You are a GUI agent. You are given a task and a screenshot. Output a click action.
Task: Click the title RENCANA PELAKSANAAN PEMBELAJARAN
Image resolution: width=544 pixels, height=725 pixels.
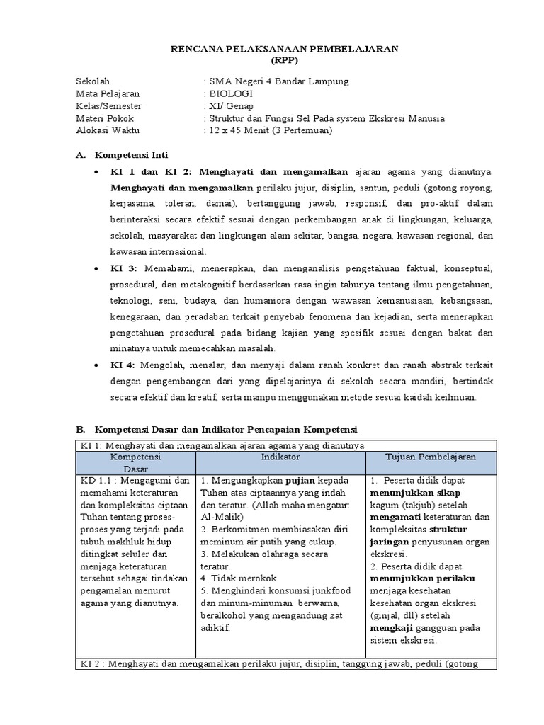coord(286,48)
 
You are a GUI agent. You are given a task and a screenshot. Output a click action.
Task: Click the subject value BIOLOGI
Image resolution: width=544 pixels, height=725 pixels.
coord(228,93)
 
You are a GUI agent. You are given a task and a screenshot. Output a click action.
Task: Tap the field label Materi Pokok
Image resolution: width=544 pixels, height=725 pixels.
coord(105,118)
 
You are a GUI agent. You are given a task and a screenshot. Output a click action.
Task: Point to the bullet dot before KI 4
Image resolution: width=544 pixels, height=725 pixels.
coord(97,365)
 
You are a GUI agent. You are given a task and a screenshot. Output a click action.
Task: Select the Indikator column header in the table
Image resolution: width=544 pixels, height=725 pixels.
coord(280,458)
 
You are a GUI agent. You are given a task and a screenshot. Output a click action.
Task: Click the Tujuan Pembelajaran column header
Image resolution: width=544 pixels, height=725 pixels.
coord(431,458)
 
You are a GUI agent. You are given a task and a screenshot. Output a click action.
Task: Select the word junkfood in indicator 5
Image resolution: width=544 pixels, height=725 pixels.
coord(329,590)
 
